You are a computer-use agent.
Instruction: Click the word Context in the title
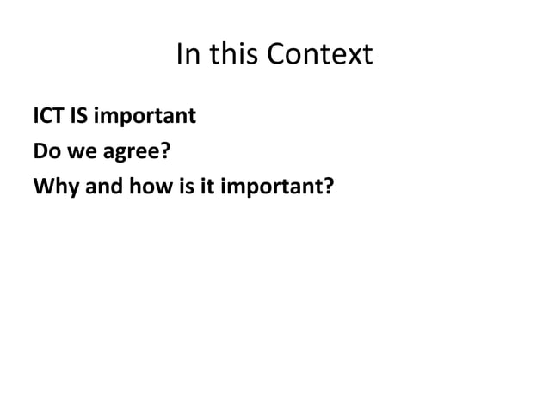(x=321, y=56)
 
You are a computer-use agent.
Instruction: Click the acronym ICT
(x=47, y=114)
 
